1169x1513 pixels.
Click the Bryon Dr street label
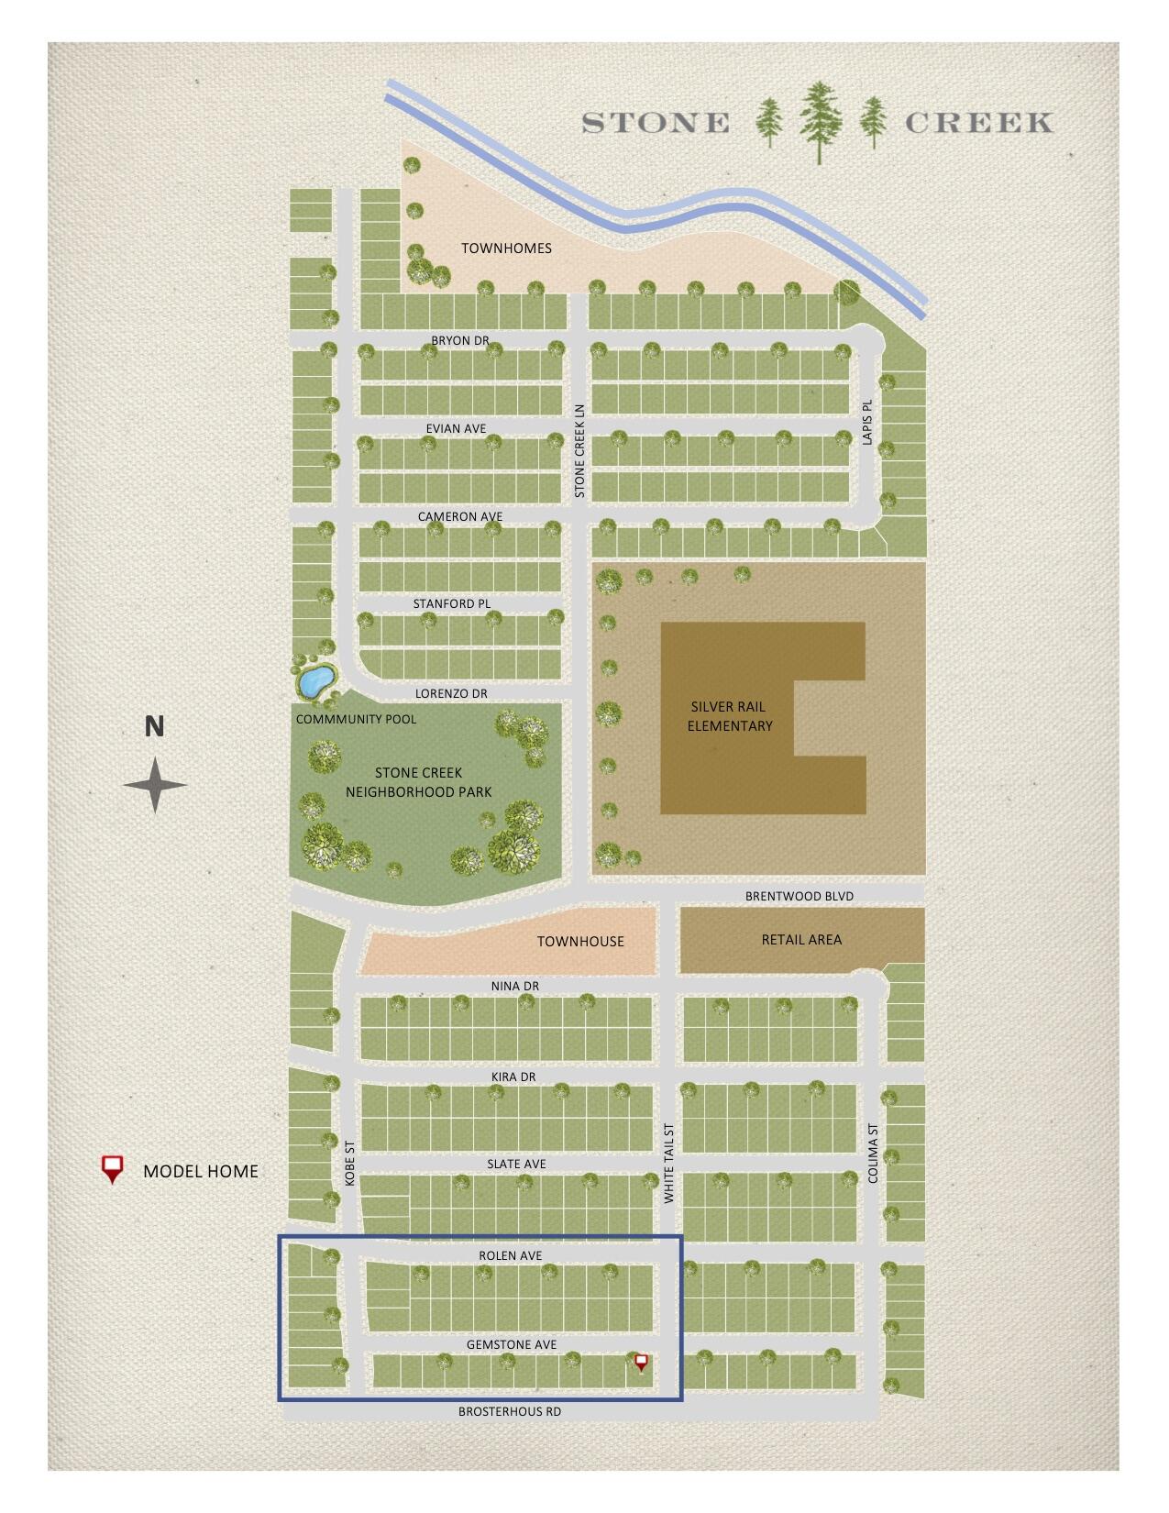(x=460, y=341)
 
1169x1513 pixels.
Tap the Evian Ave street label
(x=456, y=428)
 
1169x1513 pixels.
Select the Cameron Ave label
(x=460, y=516)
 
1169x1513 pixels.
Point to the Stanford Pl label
(x=452, y=603)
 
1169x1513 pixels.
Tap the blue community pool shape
(x=314, y=681)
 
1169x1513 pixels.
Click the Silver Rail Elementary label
(x=730, y=716)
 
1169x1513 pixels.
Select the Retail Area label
(x=801, y=939)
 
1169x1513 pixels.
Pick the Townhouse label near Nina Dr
(x=580, y=941)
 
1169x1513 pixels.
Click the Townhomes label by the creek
(x=506, y=248)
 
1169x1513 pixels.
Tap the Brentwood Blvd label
(x=800, y=896)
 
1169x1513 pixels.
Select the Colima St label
(x=873, y=1154)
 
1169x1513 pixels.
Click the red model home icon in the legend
(x=112, y=1169)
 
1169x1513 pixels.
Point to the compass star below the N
(x=156, y=785)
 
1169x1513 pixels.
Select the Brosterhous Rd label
(x=510, y=1411)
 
